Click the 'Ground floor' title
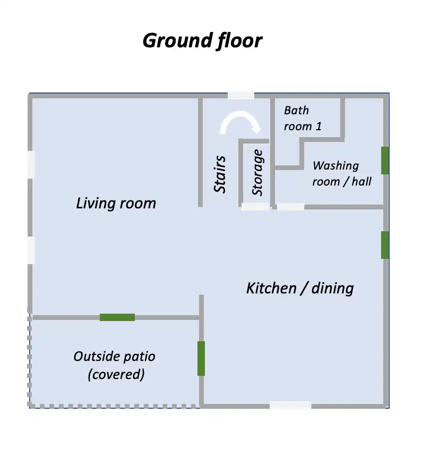[202, 40]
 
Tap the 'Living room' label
[116, 203]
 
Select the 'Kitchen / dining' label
[300, 289]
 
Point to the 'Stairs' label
[220, 174]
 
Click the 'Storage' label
[257, 173]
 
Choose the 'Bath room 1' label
[303, 119]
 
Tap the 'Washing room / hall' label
[342, 173]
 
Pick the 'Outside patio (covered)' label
[115, 365]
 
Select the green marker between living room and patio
[117, 317]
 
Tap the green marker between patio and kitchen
[201, 358]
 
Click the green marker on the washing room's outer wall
[385, 161]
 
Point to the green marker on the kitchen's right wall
[385, 245]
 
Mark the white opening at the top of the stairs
[241, 96]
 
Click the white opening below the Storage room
[255, 207]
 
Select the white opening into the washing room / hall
[291, 207]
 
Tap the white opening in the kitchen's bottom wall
[290, 405]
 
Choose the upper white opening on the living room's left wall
[31, 165]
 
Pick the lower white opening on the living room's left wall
[31, 250]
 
